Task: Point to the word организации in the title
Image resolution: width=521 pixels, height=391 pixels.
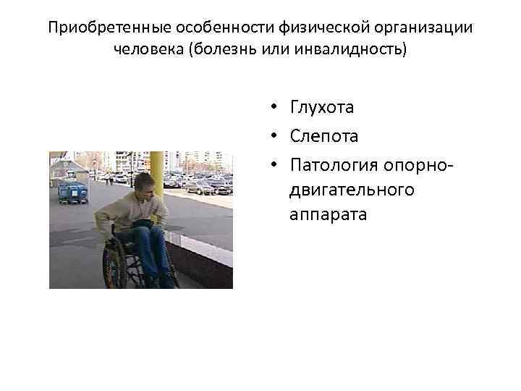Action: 410,28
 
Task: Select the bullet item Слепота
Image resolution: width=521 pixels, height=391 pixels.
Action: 323,135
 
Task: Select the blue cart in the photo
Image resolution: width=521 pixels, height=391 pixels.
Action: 72,193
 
